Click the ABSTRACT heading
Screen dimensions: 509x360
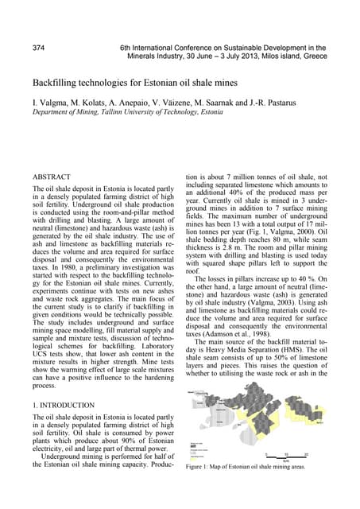(52, 177)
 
